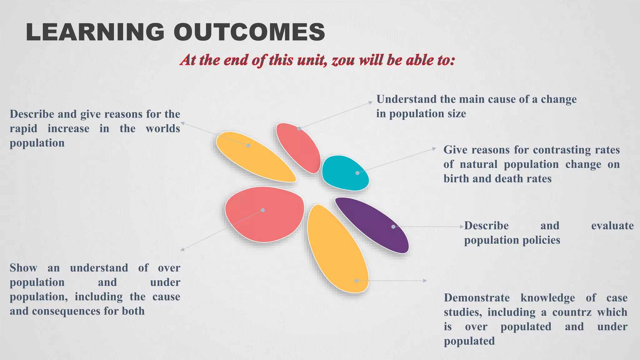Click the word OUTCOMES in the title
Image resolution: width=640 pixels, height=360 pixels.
(249, 32)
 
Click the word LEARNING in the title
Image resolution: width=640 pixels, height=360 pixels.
(95, 32)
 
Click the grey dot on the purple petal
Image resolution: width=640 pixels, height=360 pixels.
(393, 227)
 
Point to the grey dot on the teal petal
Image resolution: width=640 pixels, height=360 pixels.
(357, 173)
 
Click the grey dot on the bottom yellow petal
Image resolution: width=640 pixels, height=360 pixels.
(356, 281)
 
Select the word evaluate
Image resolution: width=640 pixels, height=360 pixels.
(612, 226)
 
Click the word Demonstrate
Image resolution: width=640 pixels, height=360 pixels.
(477, 298)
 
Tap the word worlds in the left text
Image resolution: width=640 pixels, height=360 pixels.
(163, 128)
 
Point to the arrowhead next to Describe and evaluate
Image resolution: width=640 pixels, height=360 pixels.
(462, 227)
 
